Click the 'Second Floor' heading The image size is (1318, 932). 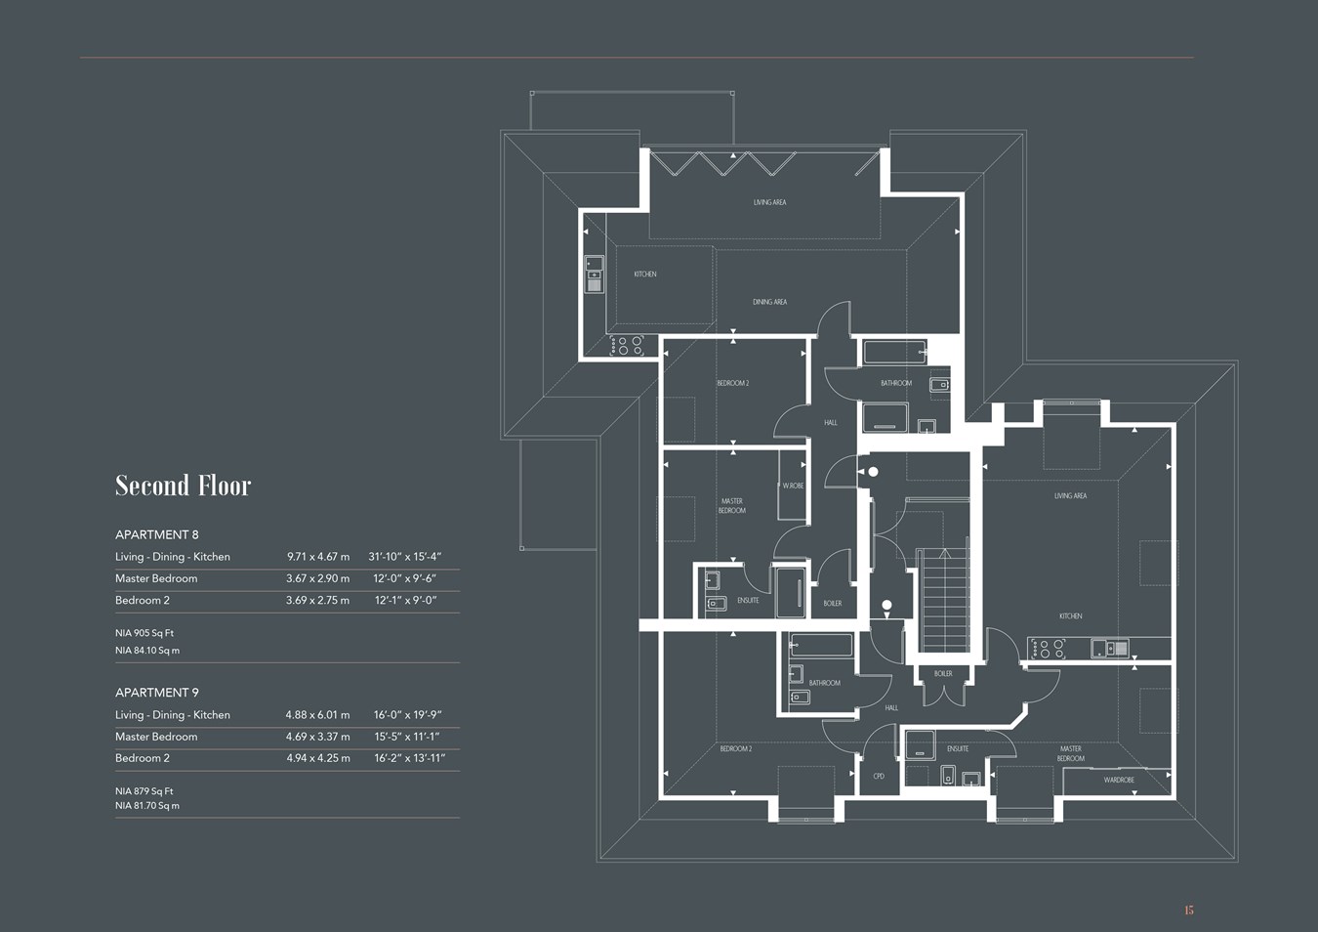[x=183, y=486]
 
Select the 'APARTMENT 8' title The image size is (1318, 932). [x=156, y=534]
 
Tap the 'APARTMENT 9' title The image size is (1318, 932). [x=156, y=693]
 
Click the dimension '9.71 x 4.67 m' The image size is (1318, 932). [x=317, y=557]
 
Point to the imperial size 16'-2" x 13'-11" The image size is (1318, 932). [x=409, y=758]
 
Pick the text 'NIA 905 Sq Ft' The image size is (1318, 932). [x=144, y=633]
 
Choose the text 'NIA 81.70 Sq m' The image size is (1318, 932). [x=147, y=806]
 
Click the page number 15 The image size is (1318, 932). [x=1188, y=911]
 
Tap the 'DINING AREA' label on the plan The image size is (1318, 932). [x=769, y=302]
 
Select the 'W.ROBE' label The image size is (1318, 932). [x=793, y=486]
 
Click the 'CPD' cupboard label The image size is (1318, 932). [x=879, y=776]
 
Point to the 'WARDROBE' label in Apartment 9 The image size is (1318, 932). [x=1119, y=780]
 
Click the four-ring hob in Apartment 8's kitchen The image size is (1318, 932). [x=627, y=345]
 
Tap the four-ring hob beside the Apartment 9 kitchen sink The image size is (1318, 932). [x=1048, y=648]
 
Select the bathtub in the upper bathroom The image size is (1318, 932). [x=894, y=352]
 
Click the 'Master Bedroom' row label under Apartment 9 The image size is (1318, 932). [x=156, y=737]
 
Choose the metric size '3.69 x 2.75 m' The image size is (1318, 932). [x=317, y=600]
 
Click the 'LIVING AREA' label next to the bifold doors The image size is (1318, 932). [x=769, y=202]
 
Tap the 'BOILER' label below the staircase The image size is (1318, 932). [x=943, y=673]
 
